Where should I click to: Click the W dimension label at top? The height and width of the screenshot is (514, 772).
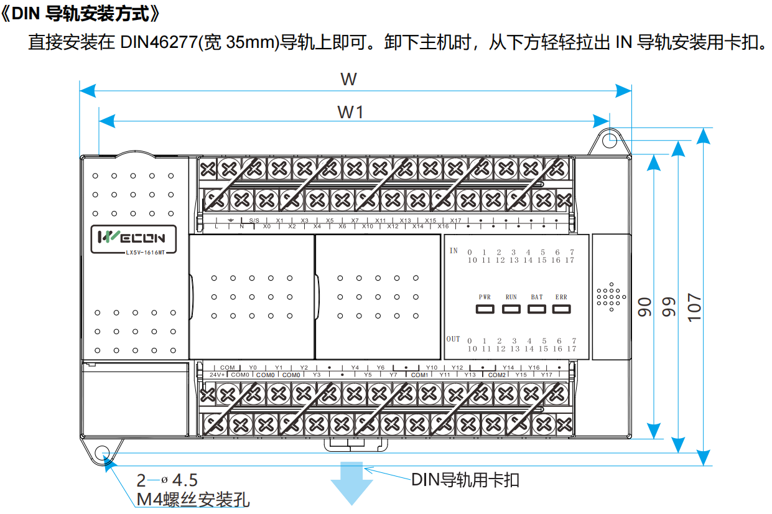348,79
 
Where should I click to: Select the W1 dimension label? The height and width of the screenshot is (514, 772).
350,112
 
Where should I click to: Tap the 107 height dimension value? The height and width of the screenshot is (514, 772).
694,307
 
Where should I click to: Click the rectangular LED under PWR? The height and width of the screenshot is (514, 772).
485,309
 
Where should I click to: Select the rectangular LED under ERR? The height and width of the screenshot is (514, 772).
562,309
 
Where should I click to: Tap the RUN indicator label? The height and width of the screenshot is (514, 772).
511,297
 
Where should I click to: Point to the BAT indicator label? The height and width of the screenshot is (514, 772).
536,297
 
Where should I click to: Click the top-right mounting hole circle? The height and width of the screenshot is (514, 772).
610,139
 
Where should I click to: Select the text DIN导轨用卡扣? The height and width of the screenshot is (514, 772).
465,480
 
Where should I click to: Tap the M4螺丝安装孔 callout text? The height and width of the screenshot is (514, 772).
193,500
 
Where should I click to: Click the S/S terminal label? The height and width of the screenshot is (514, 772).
254,220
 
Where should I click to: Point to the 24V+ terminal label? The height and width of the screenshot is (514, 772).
216,375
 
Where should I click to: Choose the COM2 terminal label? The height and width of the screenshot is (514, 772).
496,375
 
